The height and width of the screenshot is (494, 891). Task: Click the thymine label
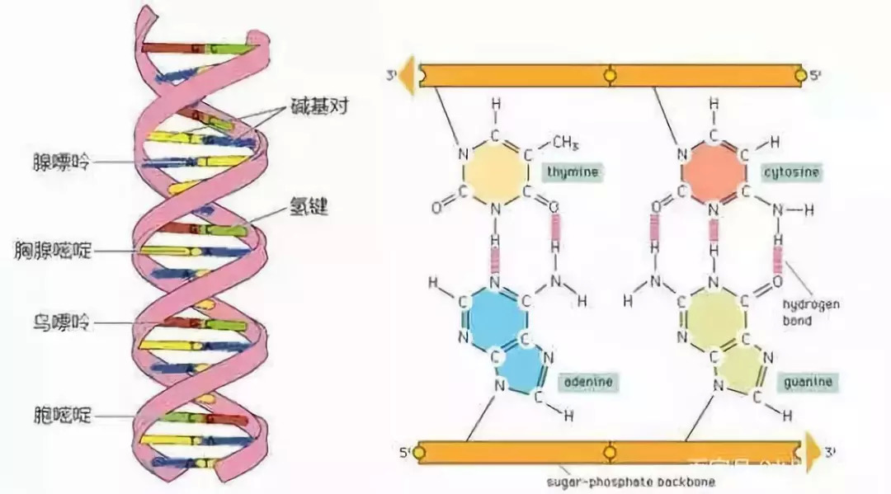pos(570,172)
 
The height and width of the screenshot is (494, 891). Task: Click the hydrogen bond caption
pos(810,312)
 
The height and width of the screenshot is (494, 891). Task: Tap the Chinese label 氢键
pos(308,208)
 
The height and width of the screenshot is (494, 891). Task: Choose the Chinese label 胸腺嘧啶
pos(52,248)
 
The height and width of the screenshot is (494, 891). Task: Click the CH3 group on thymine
pos(564,143)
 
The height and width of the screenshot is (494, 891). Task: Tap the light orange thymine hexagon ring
pos(495,172)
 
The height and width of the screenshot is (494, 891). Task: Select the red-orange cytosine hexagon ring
pos(714,172)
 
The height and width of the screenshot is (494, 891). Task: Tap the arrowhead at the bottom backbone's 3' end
pos(813,452)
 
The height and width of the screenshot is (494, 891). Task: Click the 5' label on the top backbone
pos(815,76)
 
